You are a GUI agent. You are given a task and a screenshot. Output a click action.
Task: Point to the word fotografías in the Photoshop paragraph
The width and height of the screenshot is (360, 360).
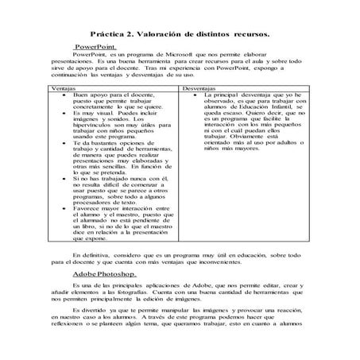157,293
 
